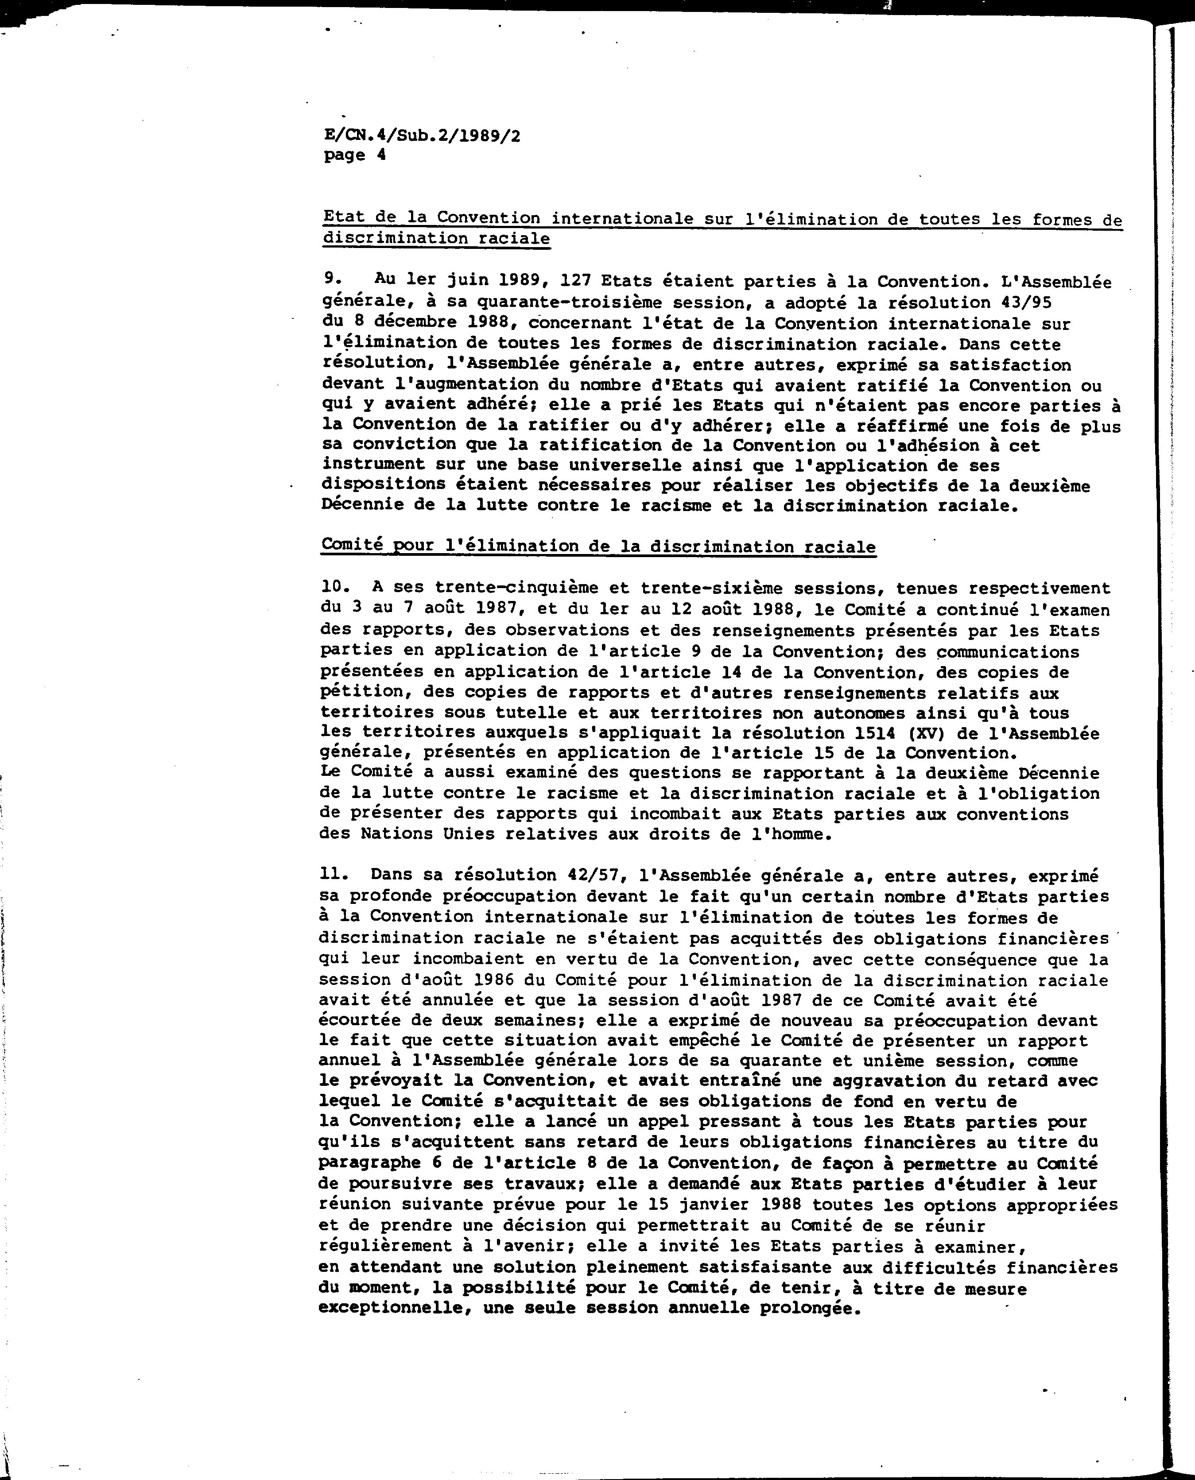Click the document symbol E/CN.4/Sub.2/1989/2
coord(422,136)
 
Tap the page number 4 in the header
coord(380,155)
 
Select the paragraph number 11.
coord(333,874)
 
